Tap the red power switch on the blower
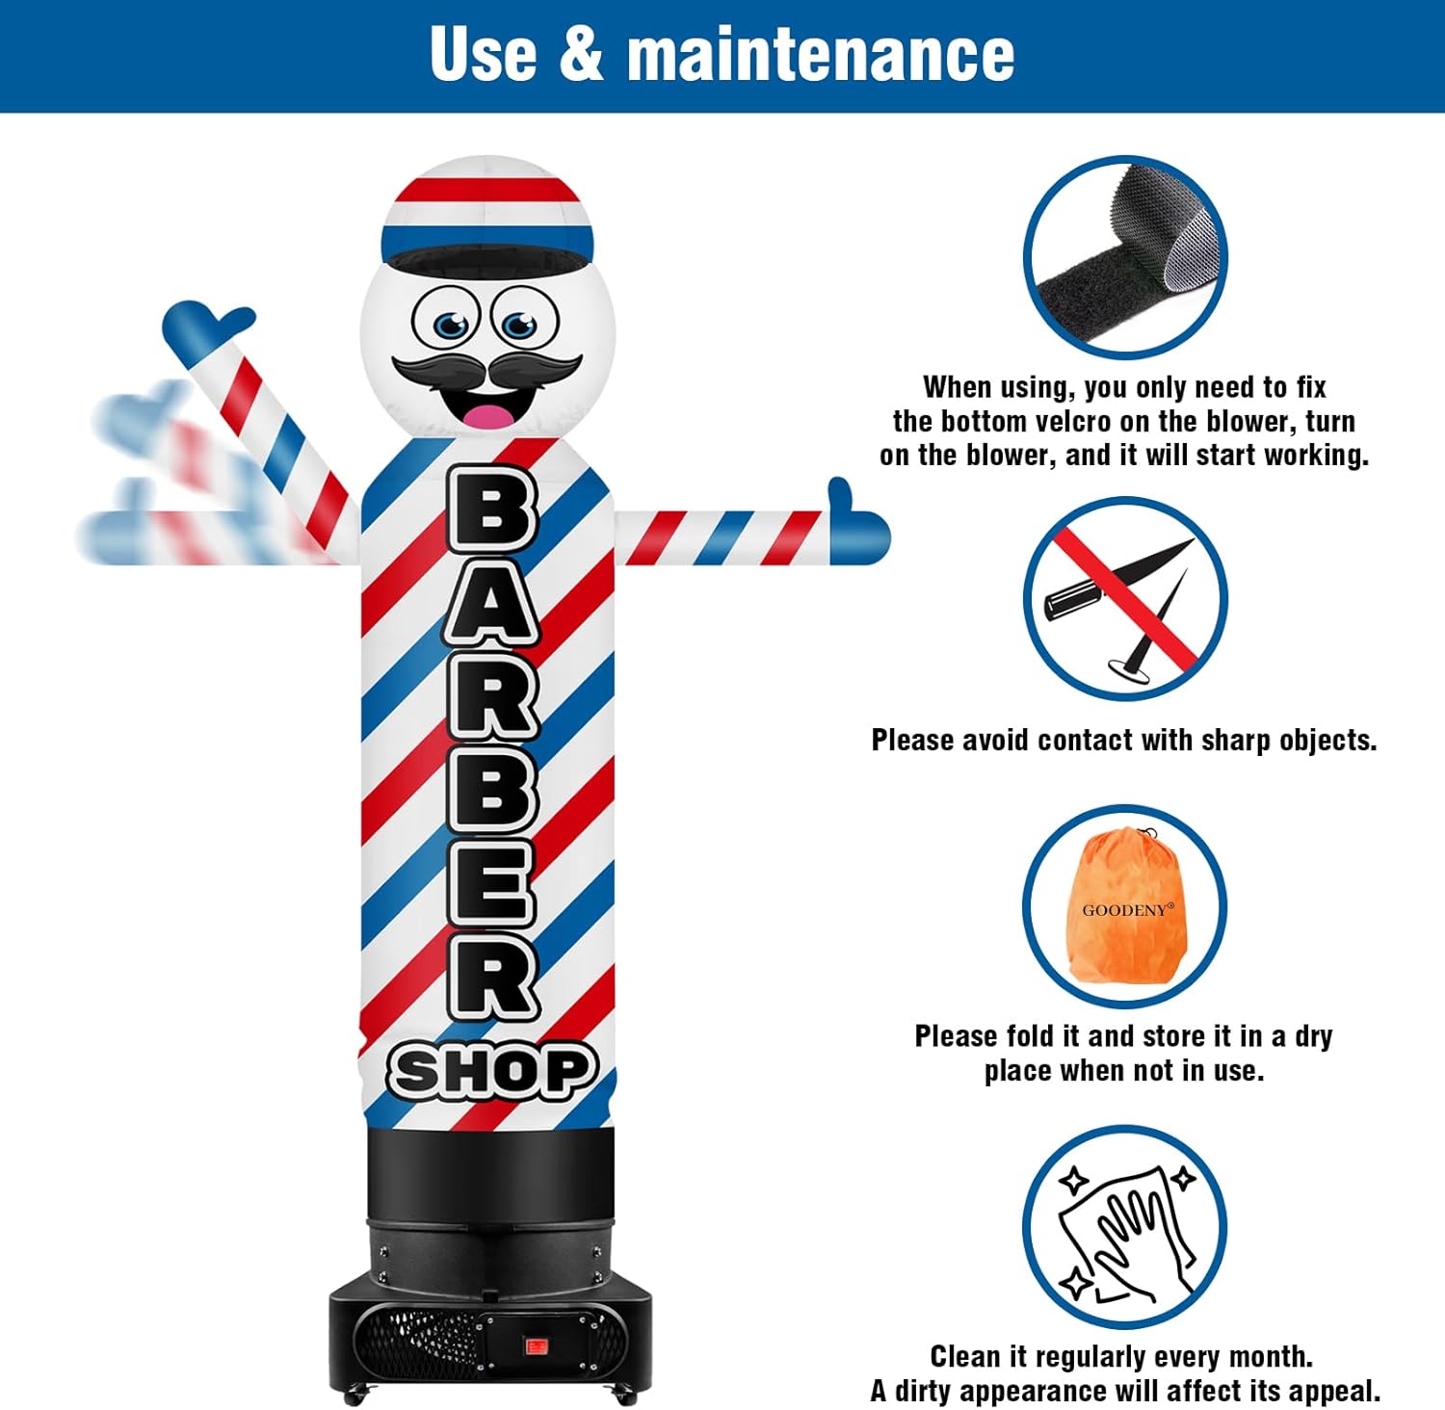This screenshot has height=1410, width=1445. pyautogui.click(x=537, y=1345)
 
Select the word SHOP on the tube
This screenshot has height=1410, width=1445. pyautogui.click(x=492, y=1071)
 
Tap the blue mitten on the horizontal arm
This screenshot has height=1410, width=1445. pyautogui.click(x=857, y=525)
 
